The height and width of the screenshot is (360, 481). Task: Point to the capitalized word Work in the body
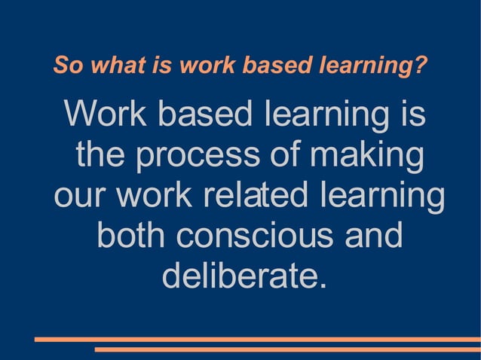[x=106, y=114]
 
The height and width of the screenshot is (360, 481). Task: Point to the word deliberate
[x=237, y=276]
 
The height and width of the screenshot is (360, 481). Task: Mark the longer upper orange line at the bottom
[x=257, y=340]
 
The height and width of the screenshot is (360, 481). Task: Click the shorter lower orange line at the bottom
[x=287, y=349]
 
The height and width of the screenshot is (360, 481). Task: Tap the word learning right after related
[x=381, y=197]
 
